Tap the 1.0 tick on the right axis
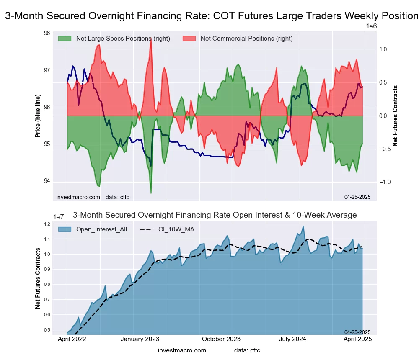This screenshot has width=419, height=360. (x=383, y=49)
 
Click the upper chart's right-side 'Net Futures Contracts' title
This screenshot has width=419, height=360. (x=395, y=116)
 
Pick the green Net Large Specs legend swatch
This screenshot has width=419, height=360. (x=65, y=39)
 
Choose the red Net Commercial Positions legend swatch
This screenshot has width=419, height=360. (x=189, y=39)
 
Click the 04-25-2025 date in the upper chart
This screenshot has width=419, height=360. (x=357, y=197)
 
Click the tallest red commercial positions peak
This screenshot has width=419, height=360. (x=150, y=39)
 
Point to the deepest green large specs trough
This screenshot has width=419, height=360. (x=151, y=193)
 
